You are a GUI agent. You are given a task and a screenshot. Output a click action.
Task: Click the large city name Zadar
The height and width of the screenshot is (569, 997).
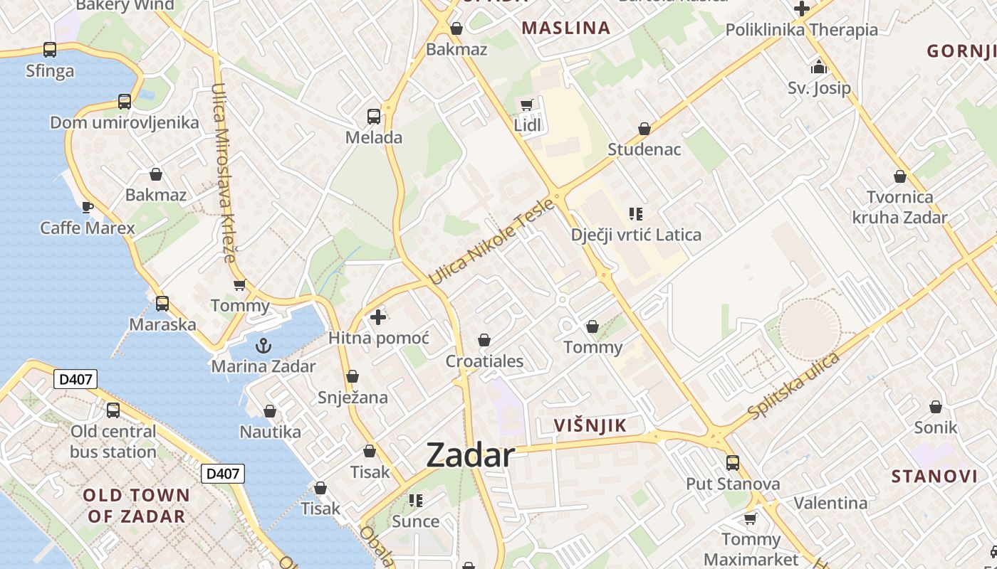point(470,455)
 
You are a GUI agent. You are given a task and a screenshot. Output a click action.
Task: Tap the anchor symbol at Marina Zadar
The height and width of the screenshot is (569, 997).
point(263,346)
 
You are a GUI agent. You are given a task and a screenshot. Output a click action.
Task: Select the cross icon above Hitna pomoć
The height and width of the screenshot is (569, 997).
point(378,317)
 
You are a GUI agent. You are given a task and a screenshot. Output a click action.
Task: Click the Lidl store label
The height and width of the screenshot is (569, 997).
point(528,126)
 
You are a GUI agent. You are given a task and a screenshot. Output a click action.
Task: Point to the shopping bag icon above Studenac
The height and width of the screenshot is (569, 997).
point(644,129)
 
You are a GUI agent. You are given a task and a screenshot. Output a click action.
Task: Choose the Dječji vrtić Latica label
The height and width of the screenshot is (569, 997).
point(636,235)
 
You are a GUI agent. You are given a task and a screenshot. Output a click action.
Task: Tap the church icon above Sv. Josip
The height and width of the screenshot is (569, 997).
point(819,68)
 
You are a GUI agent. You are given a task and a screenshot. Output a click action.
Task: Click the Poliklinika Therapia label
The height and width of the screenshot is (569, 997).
point(801,30)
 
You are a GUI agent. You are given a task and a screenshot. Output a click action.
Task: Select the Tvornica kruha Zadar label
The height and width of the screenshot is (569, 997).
point(899,207)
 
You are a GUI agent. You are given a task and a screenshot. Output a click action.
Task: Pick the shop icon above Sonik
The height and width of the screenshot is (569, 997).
point(936,407)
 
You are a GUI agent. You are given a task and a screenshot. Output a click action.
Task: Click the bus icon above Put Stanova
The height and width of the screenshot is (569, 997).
point(733,463)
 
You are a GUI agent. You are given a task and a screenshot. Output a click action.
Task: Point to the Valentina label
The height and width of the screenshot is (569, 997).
point(830,503)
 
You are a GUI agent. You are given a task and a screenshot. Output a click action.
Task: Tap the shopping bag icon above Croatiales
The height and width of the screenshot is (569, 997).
point(484,340)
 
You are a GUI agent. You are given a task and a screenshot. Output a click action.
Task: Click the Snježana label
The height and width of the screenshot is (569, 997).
point(353,397)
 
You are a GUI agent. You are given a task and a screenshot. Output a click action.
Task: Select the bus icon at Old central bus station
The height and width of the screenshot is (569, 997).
point(113,410)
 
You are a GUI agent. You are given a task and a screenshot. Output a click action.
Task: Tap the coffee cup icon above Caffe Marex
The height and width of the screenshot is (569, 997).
point(87,207)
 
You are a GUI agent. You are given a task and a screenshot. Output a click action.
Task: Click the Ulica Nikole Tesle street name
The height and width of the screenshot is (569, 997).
point(491,242)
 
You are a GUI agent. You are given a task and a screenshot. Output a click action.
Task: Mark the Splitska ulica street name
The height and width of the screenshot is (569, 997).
point(794,385)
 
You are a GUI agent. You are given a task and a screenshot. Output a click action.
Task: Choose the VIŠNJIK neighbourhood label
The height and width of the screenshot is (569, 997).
point(590,426)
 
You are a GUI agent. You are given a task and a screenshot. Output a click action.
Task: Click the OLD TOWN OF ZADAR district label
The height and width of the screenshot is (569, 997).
point(137,506)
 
